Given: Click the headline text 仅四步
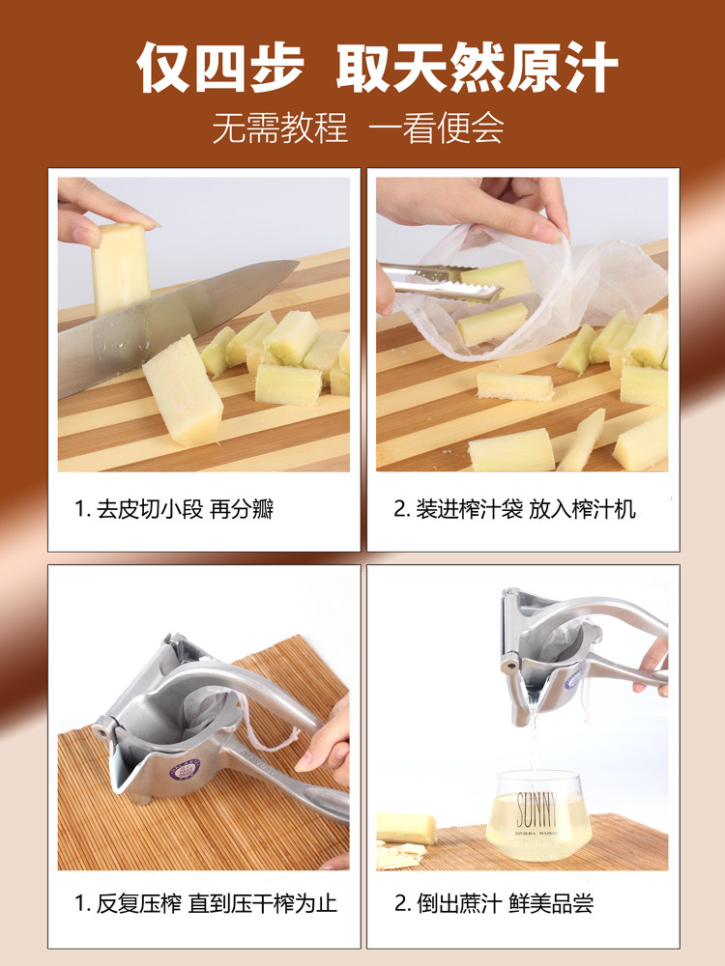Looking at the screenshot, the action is click(220, 68).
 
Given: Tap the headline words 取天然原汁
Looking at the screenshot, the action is click(477, 68).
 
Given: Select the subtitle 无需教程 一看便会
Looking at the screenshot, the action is click(358, 128).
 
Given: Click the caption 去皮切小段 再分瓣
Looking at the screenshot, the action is click(174, 509).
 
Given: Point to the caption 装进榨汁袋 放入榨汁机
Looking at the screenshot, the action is click(515, 509).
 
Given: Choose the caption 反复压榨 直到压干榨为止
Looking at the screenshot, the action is click(206, 904).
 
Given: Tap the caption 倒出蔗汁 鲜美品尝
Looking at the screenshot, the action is click(494, 904).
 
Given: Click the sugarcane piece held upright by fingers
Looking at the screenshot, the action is click(121, 268).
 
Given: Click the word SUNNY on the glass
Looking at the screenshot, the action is click(536, 810).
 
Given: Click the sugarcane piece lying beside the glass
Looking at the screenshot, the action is click(406, 828).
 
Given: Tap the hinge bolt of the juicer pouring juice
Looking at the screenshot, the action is click(509, 666).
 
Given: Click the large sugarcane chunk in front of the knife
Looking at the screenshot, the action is click(183, 390).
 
